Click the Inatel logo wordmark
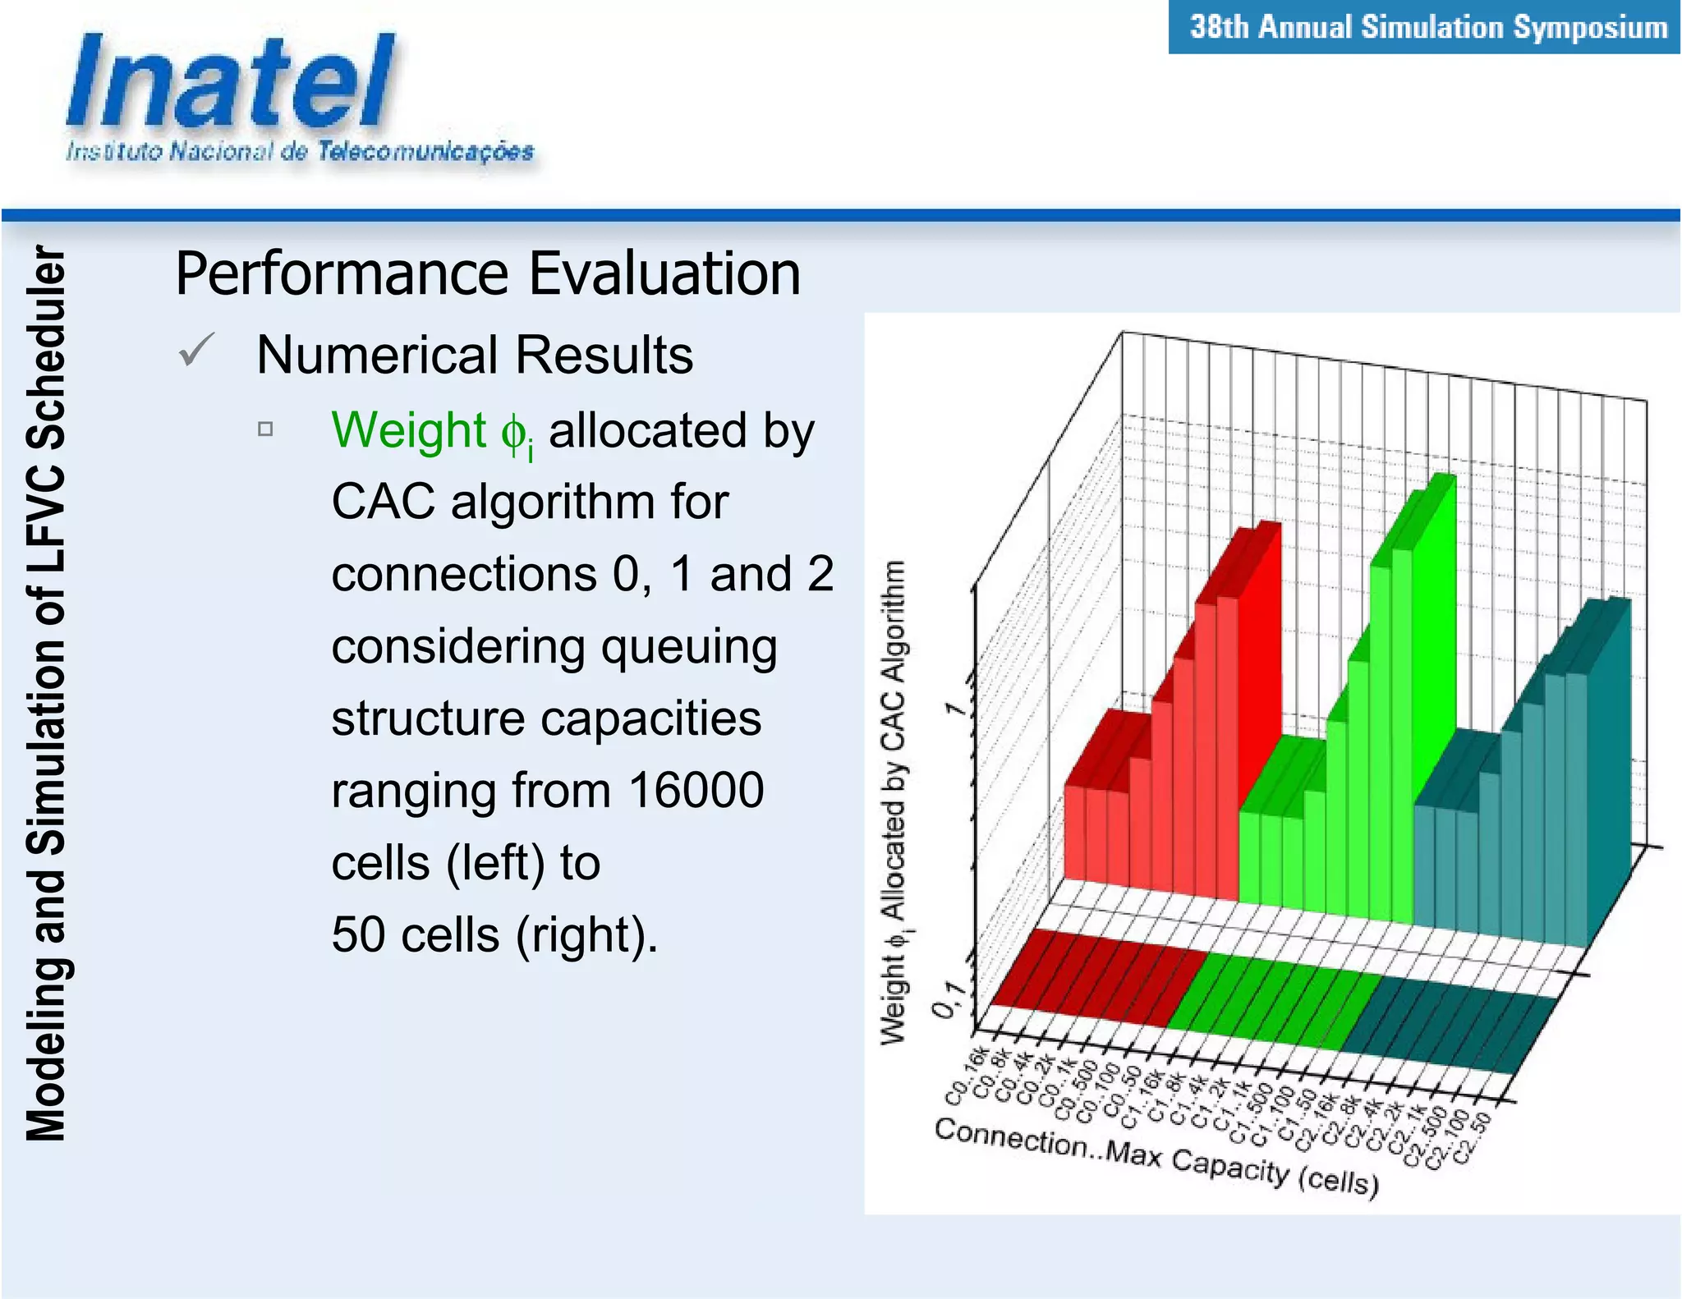[230, 82]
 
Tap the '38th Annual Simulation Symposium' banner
[1427, 27]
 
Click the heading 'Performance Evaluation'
[488, 273]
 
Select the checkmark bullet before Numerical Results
[196, 351]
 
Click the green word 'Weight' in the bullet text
[409, 430]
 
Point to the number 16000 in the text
[696, 790]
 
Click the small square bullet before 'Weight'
[265, 429]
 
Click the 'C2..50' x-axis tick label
[1472, 1138]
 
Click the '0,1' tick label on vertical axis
[946, 999]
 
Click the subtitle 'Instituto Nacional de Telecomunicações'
[300, 152]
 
